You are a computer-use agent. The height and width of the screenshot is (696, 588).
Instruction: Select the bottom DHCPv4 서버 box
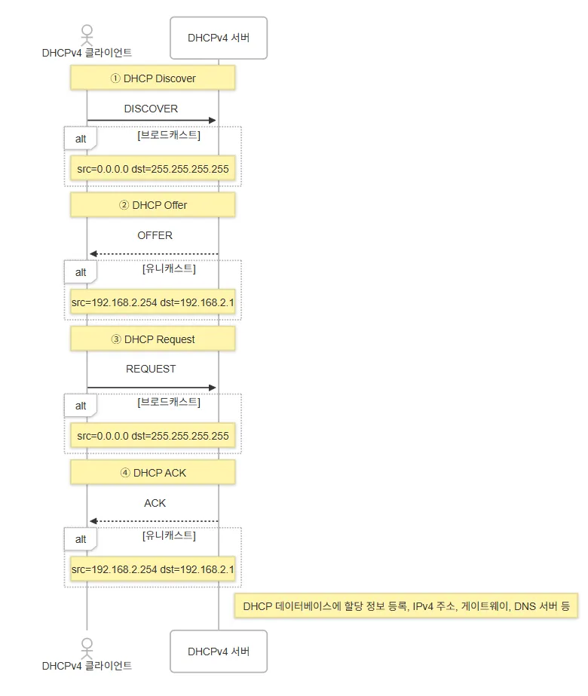219,651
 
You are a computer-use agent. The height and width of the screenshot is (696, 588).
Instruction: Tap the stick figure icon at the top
87,34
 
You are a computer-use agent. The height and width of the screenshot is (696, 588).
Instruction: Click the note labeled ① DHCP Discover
153,78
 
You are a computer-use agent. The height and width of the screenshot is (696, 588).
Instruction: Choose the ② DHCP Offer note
153,205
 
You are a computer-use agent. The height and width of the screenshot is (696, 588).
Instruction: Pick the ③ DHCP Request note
153,339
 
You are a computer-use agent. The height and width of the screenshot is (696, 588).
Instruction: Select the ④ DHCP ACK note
153,473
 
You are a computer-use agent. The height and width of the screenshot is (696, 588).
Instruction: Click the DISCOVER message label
151,109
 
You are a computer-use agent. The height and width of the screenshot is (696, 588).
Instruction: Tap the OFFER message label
155,235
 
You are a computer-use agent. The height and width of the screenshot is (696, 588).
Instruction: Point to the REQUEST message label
151,369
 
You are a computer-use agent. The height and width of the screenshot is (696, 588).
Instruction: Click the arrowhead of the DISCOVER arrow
213,120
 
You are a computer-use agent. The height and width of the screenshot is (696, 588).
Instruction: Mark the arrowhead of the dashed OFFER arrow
93,254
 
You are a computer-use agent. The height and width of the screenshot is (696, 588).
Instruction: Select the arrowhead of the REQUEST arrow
213,388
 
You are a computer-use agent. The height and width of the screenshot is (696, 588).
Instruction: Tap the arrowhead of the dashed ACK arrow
93,521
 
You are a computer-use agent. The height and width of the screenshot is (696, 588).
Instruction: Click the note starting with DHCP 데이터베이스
406,606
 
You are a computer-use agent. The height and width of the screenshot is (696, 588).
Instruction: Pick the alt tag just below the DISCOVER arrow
81,139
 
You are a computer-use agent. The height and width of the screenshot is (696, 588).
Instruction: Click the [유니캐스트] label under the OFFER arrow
169,268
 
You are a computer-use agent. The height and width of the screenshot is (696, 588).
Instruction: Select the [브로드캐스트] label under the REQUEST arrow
169,402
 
